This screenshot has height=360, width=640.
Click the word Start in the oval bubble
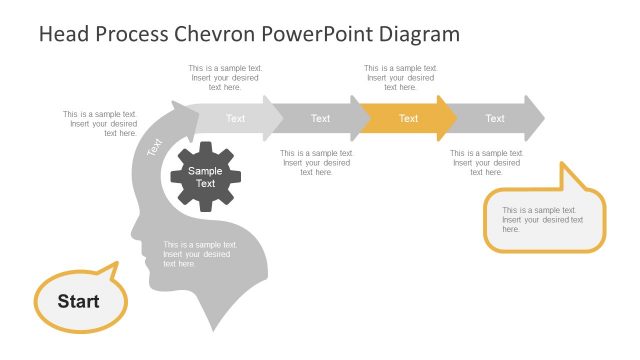point(78,301)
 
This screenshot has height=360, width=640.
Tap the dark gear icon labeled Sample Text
point(206,177)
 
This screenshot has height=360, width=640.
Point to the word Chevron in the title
point(216,34)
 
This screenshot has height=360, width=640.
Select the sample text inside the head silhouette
point(200,254)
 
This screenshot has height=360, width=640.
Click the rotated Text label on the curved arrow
point(155,147)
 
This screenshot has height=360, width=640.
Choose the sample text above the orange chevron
point(399,77)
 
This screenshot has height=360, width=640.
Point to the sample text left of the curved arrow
point(100,123)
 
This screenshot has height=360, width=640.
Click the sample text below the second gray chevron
point(316,163)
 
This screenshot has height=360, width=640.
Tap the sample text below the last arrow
point(486,163)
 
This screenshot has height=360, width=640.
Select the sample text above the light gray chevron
point(225,77)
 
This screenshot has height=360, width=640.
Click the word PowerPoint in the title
point(319,34)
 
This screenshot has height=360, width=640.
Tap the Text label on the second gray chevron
point(320,118)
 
